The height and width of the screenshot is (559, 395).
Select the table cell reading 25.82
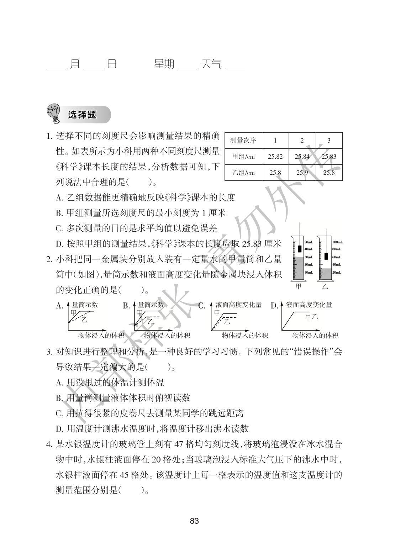275,157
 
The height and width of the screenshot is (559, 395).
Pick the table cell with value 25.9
302,173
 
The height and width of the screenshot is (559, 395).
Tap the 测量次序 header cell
243,140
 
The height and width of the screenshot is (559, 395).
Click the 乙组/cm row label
243,173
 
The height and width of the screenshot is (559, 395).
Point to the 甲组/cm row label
243,157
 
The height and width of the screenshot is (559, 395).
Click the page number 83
194,522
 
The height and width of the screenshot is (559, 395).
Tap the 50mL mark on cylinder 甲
308,242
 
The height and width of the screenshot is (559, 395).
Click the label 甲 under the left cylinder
299,286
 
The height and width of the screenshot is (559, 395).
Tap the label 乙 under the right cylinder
325,286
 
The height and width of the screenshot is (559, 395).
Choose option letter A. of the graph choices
60,306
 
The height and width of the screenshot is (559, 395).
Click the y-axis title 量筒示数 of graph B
151,305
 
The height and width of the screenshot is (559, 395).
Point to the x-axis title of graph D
315,335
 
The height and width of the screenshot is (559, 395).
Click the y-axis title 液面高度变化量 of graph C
238,305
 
